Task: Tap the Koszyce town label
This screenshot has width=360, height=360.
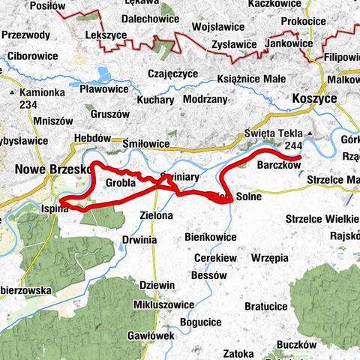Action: (315, 98)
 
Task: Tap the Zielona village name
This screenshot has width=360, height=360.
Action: (156, 215)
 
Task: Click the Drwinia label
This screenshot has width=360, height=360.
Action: (139, 240)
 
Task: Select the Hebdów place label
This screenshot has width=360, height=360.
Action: (92, 139)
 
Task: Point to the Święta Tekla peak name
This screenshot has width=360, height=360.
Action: (271, 133)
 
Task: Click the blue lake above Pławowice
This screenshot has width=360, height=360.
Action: (103, 74)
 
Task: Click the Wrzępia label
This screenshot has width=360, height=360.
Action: (269, 257)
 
